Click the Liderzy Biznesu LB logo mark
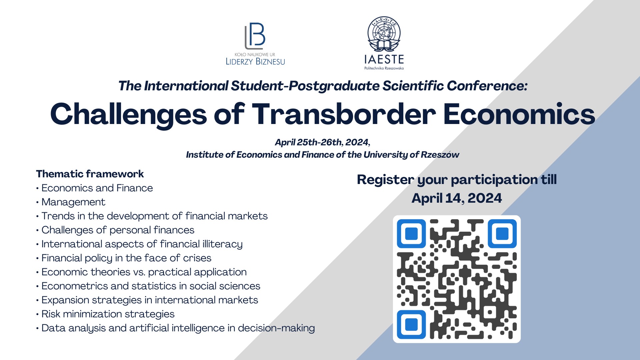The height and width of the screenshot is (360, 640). point(255,36)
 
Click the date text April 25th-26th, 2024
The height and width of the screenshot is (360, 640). point(322,142)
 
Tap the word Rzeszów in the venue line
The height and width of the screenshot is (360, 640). point(440,155)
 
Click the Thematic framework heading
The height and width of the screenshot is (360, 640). point(90,174)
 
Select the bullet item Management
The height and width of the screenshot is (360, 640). point(73,202)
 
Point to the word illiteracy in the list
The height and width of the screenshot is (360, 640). point(222,244)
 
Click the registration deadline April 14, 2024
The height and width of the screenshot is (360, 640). point(457,198)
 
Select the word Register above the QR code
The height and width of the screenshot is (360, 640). point(386,180)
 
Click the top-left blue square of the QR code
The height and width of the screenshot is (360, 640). point(411,234)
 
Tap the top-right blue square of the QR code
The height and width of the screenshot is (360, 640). point(502,234)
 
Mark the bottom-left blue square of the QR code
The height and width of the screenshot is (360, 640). point(411,325)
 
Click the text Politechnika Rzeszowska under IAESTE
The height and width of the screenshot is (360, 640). point(384,68)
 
